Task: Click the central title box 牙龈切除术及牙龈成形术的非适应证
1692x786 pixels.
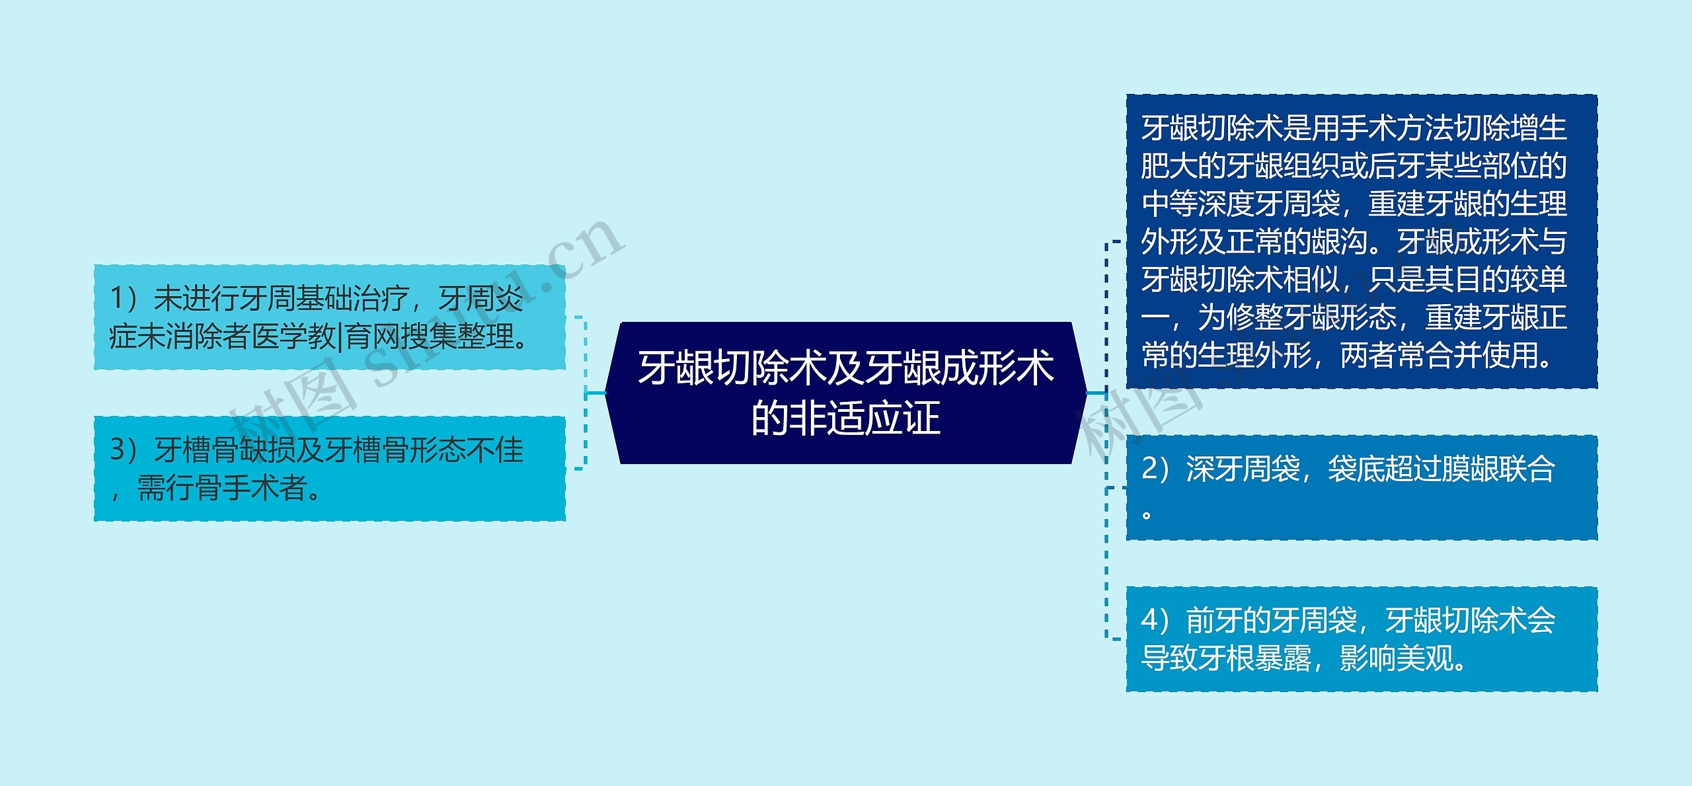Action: [x=845, y=393]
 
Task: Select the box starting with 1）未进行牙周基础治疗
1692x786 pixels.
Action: [x=329, y=317]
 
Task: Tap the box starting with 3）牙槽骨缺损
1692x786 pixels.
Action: [x=329, y=469]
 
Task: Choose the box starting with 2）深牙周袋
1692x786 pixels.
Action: [x=1362, y=488]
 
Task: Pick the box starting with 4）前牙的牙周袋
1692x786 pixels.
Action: [x=1362, y=639]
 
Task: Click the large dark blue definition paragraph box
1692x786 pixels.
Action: [x=1362, y=241]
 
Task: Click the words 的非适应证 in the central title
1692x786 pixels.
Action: [x=845, y=418]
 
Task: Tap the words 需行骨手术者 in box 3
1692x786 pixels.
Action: [x=221, y=489]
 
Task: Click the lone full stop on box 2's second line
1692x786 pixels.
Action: [x=1147, y=514]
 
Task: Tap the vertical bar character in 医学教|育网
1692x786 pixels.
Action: [x=341, y=337]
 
